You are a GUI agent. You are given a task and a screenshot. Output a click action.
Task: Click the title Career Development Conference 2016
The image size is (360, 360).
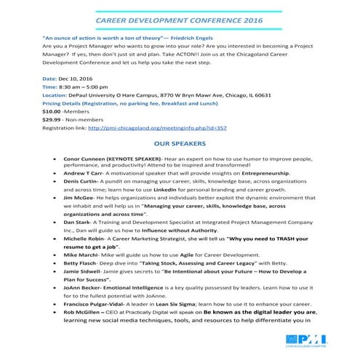click(x=181, y=22)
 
